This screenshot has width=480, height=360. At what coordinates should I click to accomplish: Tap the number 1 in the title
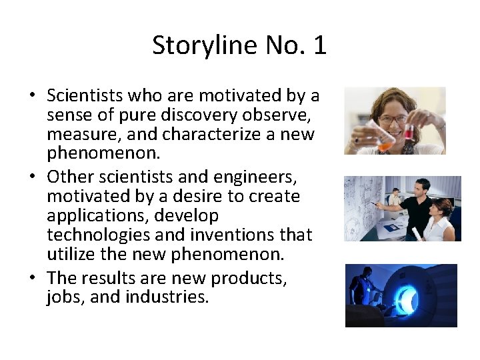(319, 46)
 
